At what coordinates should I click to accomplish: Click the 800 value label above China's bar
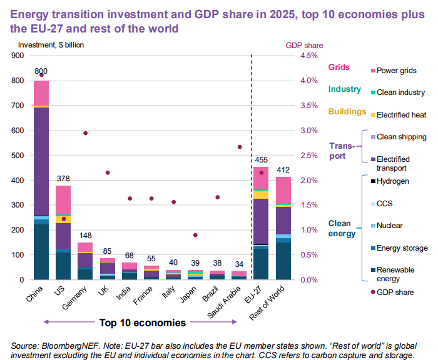[x=41, y=71]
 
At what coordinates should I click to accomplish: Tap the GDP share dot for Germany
[x=85, y=133]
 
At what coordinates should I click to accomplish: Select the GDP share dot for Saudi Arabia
[x=239, y=147]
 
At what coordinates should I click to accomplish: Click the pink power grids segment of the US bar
[x=63, y=200]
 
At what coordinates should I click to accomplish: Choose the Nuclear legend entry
[x=390, y=226]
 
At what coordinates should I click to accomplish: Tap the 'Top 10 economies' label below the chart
[x=143, y=323]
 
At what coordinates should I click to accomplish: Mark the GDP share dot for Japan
[x=195, y=235]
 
